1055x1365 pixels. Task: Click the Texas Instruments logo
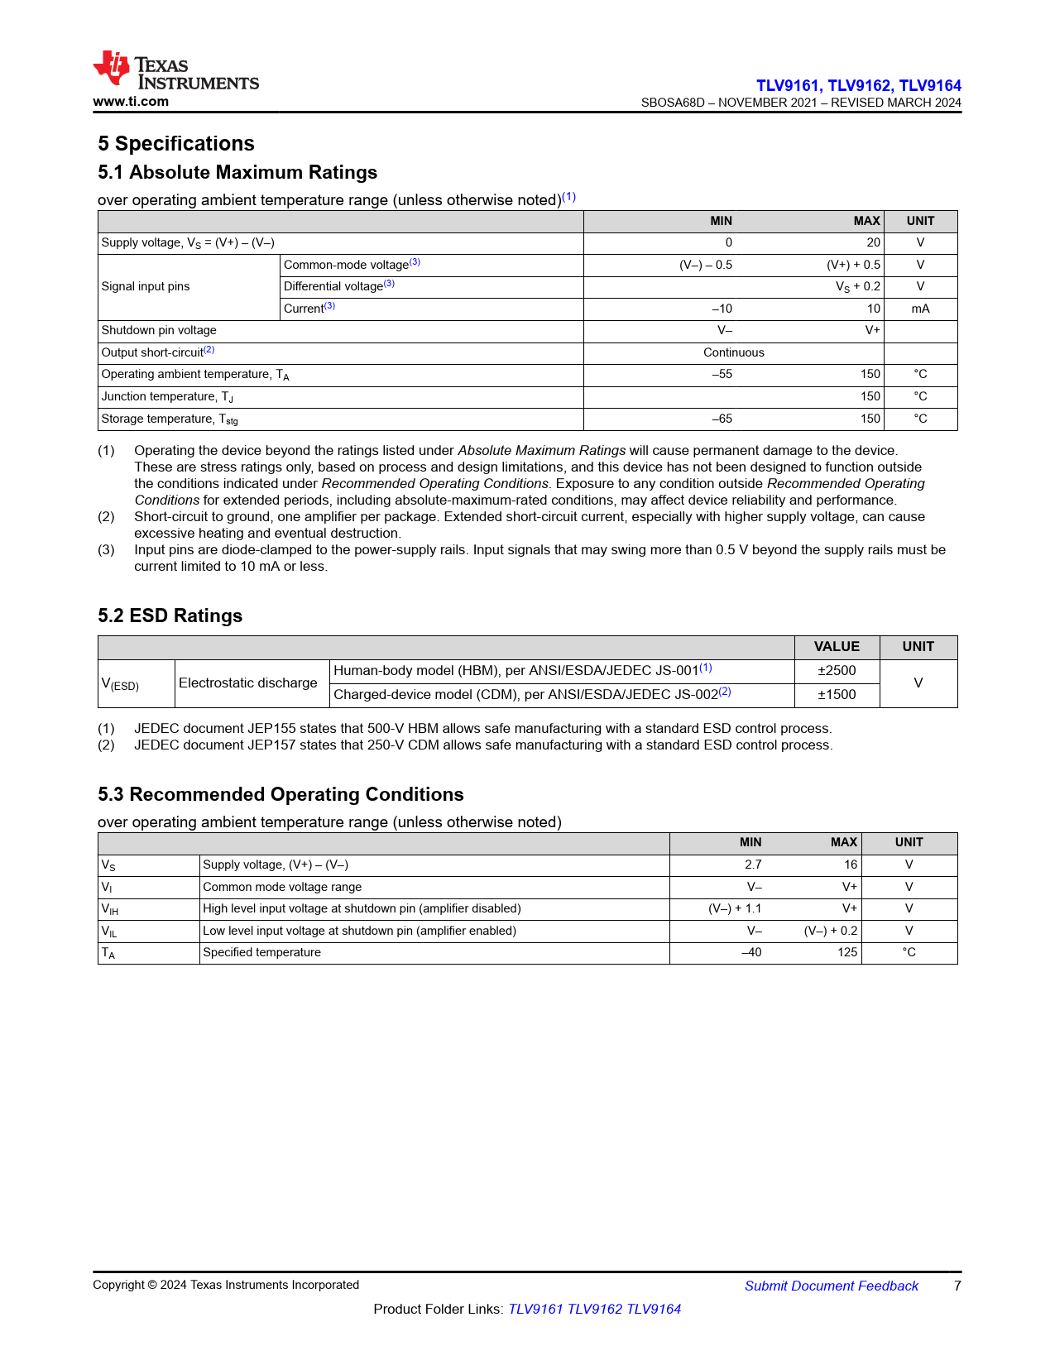coord(175,70)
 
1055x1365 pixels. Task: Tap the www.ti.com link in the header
coord(131,102)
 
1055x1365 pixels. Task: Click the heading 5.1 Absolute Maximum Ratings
coord(237,172)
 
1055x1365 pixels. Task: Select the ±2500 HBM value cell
coord(837,671)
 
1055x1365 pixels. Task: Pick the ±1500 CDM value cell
coord(837,695)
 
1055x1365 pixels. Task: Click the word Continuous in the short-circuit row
coord(734,352)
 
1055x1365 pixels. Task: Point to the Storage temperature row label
coord(170,419)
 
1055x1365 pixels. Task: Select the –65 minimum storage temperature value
coord(722,419)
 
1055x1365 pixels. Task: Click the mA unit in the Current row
coord(920,309)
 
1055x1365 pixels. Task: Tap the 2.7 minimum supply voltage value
coord(753,864)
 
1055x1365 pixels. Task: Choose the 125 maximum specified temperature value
coord(847,952)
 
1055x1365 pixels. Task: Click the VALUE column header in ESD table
coord(837,647)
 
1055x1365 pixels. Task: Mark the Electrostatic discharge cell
coord(248,683)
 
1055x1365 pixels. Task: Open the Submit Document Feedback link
coord(831,1286)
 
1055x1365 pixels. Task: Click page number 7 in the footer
coord(957,1286)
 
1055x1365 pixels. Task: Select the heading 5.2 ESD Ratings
coord(170,615)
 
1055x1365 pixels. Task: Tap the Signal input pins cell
coord(146,286)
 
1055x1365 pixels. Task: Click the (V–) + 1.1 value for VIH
coord(735,908)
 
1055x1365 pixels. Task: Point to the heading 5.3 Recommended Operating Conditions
coord(281,794)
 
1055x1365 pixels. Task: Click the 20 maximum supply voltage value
coord(873,242)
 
